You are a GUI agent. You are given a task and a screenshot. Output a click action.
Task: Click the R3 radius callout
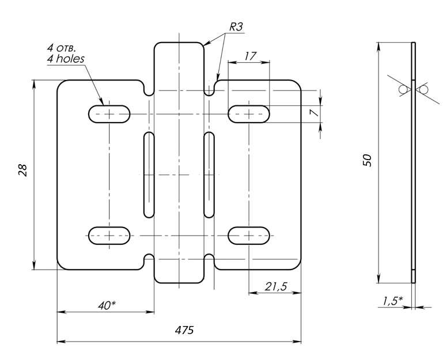click(236, 26)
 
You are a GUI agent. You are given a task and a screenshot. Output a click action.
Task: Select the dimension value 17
click(250, 56)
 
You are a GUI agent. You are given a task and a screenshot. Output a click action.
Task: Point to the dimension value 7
click(314, 113)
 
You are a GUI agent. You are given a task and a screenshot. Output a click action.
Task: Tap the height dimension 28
click(22, 170)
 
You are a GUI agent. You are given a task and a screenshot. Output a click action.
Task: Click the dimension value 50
click(368, 160)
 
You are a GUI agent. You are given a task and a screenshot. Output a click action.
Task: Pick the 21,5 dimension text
click(276, 286)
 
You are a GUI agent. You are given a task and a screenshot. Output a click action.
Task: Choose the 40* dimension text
click(107, 305)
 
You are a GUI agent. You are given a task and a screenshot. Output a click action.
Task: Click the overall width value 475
click(184, 330)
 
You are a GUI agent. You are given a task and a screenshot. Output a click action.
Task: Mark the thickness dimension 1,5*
click(393, 301)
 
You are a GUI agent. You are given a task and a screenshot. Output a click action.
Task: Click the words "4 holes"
click(66, 59)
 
